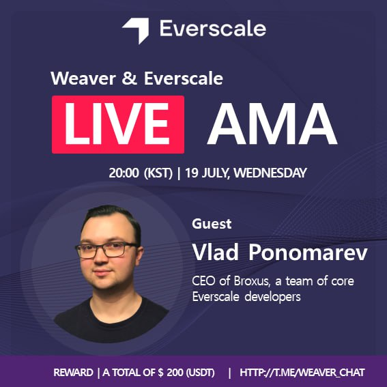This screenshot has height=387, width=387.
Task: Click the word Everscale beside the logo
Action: click(212, 29)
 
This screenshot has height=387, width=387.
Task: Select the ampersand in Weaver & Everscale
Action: click(130, 78)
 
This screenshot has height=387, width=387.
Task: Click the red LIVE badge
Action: click(118, 124)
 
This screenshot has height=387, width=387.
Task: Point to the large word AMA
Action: click(272, 125)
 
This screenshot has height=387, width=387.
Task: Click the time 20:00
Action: click(123, 173)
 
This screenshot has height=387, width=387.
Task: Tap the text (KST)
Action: click(158, 173)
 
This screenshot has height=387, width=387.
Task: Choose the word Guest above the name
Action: click(212, 224)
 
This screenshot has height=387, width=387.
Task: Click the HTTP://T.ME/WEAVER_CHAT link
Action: click(302, 373)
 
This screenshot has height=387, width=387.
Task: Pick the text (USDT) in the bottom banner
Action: click(200, 373)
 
